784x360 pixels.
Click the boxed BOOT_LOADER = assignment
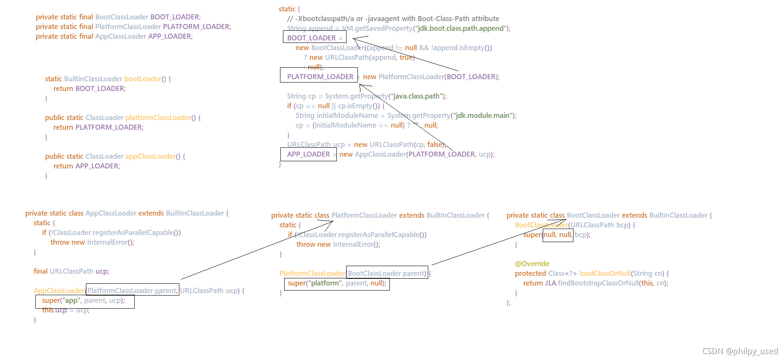tap(314, 38)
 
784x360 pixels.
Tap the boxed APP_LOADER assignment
tap(308, 154)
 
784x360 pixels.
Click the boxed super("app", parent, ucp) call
tap(85, 301)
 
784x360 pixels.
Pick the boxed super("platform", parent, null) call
tap(337, 284)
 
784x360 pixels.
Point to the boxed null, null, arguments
tap(557, 235)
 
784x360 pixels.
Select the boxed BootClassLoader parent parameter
tap(387, 273)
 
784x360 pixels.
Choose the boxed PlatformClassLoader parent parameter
tap(132, 291)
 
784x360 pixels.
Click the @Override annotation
tap(532, 264)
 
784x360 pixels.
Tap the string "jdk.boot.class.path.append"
tap(460, 28)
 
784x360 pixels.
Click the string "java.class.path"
tap(417, 96)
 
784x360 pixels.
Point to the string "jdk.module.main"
tap(483, 115)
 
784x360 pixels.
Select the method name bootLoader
tap(142, 79)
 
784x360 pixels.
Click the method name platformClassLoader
tap(158, 117)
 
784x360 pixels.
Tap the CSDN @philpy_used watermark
tap(740, 351)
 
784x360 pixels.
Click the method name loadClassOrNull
tap(604, 273)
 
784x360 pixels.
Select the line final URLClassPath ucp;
tap(71, 271)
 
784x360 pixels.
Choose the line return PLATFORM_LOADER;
tap(98, 127)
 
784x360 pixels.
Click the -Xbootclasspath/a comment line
tap(393, 19)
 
